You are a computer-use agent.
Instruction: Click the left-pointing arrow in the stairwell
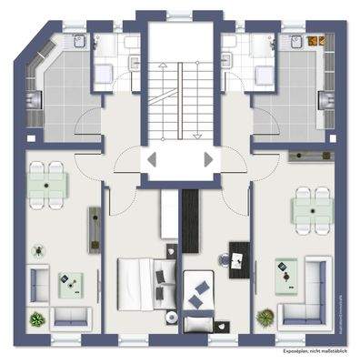(x=152, y=159)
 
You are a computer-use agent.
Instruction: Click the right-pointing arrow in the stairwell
(x=209, y=159)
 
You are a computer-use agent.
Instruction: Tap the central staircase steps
(x=180, y=91)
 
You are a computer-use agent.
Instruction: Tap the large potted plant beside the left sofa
(x=36, y=319)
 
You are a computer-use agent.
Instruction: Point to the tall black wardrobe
(x=189, y=223)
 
